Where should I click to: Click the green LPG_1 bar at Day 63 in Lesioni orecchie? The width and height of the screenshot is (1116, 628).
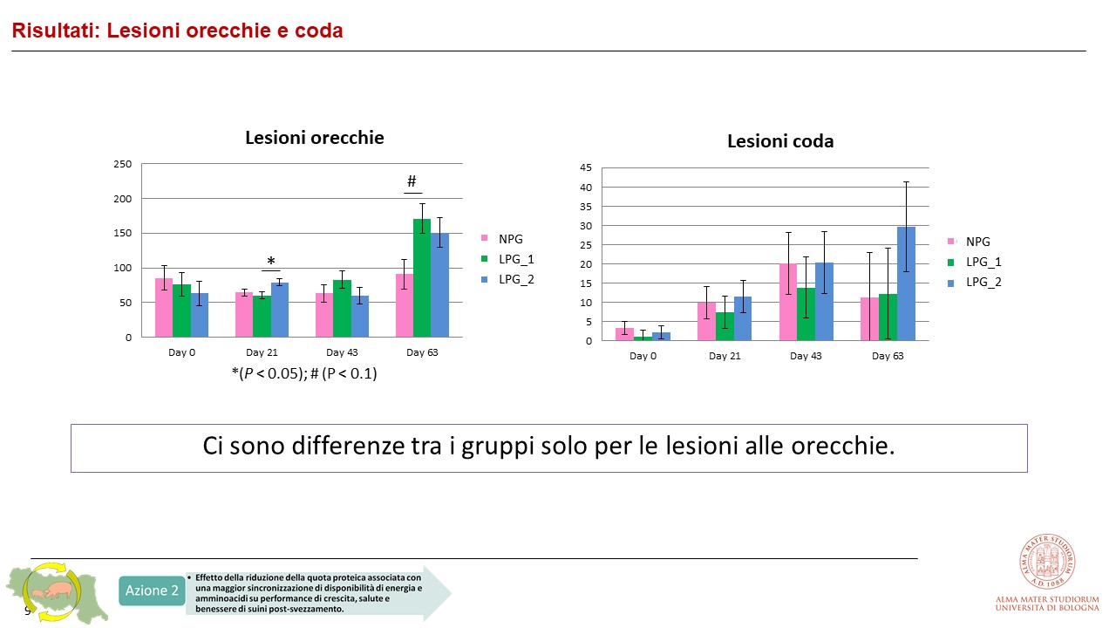point(421,279)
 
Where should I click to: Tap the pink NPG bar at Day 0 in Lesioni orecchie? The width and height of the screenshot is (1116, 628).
point(163,308)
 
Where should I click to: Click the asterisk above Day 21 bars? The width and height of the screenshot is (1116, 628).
point(270,262)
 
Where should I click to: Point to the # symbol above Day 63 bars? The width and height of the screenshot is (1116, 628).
point(412,181)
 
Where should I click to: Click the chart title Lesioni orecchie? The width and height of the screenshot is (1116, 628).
point(314,138)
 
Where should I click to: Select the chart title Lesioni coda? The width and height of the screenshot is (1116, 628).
point(780,141)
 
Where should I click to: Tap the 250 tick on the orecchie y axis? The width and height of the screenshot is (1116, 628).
point(123,164)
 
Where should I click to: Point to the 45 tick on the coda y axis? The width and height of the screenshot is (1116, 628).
point(585,167)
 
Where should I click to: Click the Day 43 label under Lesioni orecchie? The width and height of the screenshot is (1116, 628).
point(341,352)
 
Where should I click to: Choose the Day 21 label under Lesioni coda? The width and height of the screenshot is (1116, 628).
point(724,356)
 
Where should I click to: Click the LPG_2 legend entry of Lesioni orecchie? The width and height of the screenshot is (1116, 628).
point(515,279)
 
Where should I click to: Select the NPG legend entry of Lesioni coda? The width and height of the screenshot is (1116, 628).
point(977,242)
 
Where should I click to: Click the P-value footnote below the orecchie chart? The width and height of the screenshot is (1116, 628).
point(303,374)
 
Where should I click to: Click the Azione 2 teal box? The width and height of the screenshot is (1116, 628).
point(152,590)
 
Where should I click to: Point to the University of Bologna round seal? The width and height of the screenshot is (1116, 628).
point(1047,561)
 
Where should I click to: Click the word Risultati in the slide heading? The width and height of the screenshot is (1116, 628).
point(51,31)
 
